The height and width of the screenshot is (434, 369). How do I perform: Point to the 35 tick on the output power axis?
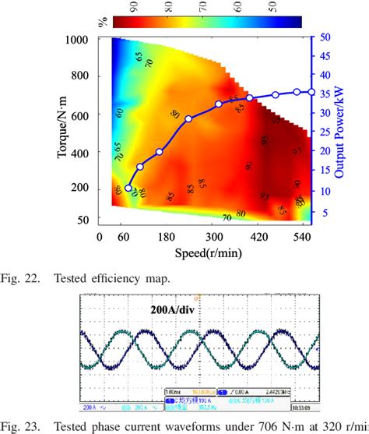pos(329,94)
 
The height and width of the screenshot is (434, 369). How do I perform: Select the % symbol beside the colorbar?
pos(101,21)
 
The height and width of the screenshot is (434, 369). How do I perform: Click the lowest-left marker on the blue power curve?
pos(128,188)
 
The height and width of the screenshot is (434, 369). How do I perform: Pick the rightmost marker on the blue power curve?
pos(311,92)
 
